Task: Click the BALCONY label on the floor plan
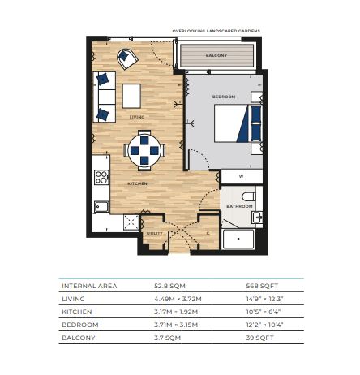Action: (x=216, y=55)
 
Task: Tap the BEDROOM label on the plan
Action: (x=224, y=97)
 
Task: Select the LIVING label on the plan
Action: (x=137, y=117)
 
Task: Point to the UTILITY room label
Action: (x=155, y=233)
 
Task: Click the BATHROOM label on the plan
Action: (x=239, y=206)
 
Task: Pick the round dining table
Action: (x=144, y=150)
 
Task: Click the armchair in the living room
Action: (x=127, y=58)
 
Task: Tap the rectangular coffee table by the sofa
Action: (x=131, y=96)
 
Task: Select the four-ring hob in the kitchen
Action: (x=101, y=177)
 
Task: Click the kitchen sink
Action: (x=101, y=207)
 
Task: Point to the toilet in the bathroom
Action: (x=249, y=196)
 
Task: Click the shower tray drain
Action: (x=238, y=239)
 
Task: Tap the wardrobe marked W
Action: (x=242, y=177)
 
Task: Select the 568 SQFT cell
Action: (x=262, y=286)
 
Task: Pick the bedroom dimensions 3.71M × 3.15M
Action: (x=176, y=325)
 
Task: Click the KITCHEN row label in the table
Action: (x=77, y=312)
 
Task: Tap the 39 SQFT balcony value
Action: (x=259, y=338)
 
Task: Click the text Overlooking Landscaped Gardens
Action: (x=216, y=31)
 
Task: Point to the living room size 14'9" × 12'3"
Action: (x=264, y=299)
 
